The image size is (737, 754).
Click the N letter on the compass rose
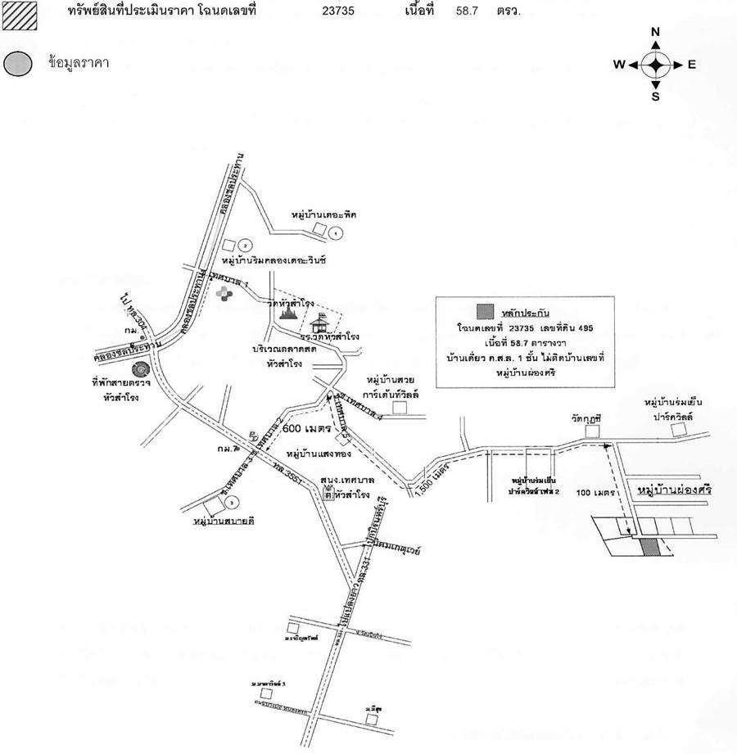(x=655, y=32)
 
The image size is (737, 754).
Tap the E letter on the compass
(x=691, y=65)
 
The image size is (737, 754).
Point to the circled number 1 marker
(x=335, y=233)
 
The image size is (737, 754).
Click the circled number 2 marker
(x=243, y=246)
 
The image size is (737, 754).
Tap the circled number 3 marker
(x=233, y=502)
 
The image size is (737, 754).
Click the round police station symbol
(x=140, y=370)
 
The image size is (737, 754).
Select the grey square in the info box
(x=486, y=311)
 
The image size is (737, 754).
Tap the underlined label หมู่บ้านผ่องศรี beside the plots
(x=674, y=490)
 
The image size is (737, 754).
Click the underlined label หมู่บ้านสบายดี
(x=221, y=520)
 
